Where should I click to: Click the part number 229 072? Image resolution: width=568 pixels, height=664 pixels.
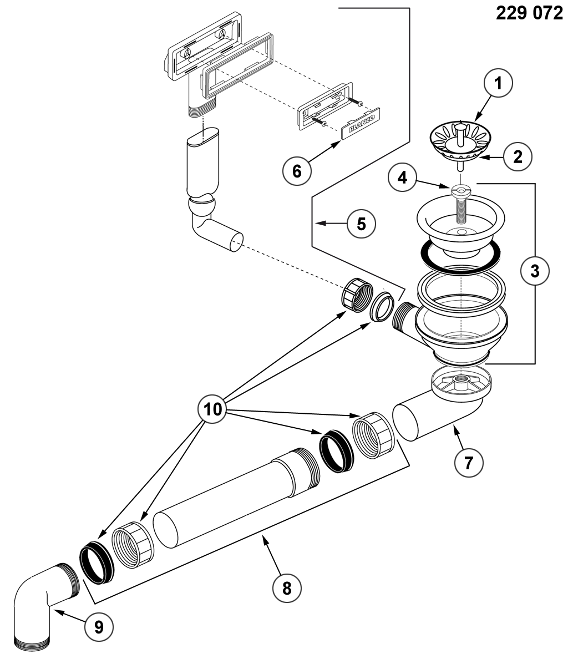(529, 13)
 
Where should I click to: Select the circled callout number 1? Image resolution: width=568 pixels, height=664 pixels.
(499, 83)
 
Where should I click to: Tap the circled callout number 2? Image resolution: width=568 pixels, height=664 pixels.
(518, 156)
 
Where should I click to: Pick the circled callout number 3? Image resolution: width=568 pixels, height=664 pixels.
(535, 270)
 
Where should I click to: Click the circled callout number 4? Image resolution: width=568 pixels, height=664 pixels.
(402, 178)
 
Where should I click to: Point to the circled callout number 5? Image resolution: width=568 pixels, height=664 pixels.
(361, 224)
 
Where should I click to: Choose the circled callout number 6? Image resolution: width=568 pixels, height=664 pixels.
(297, 171)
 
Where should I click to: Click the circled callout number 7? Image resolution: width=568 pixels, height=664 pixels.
(469, 463)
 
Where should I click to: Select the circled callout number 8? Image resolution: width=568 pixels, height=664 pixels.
(287, 588)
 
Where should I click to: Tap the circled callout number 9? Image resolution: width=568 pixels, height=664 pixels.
(99, 627)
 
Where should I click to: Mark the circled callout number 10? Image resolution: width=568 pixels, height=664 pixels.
(212, 409)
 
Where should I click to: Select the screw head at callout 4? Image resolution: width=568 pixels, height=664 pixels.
(460, 190)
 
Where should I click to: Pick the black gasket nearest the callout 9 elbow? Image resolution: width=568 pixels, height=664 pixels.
(97, 565)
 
